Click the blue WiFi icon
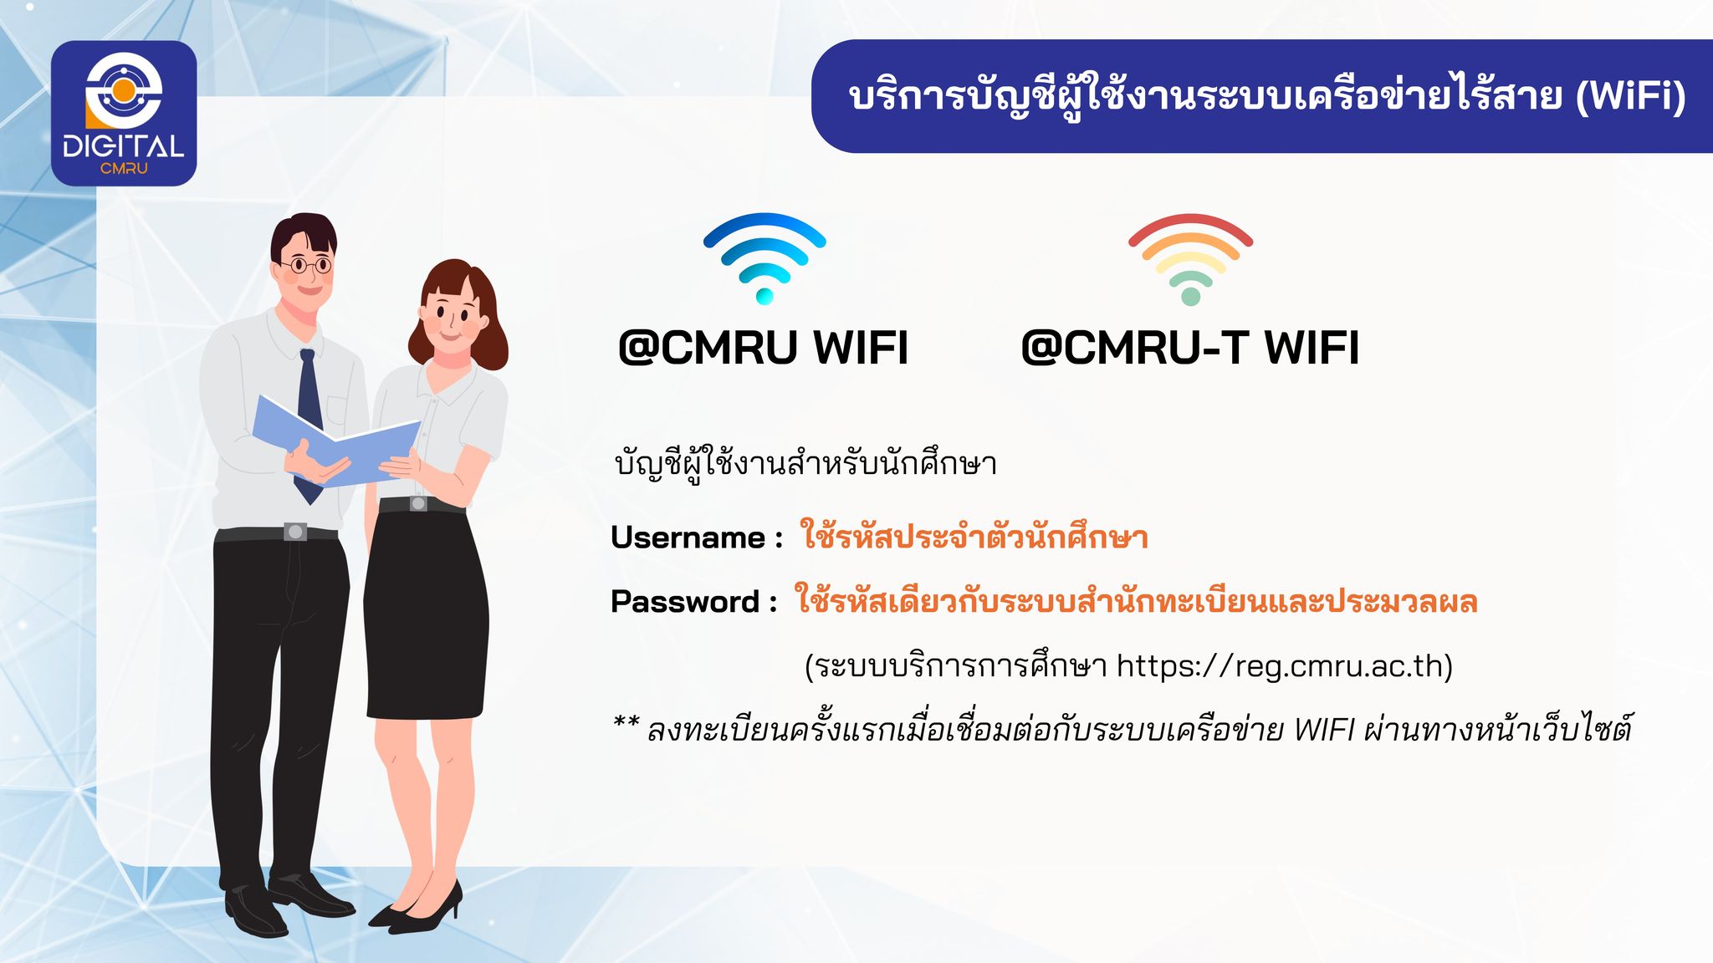764,257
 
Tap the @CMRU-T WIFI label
1190,348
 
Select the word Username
688,538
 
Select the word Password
685,602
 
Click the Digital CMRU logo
124,113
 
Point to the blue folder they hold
335,441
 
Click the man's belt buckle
295,532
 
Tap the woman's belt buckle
418,503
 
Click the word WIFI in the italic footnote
1323,730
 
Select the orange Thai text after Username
974,536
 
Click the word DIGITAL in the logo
124,147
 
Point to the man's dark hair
303,236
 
